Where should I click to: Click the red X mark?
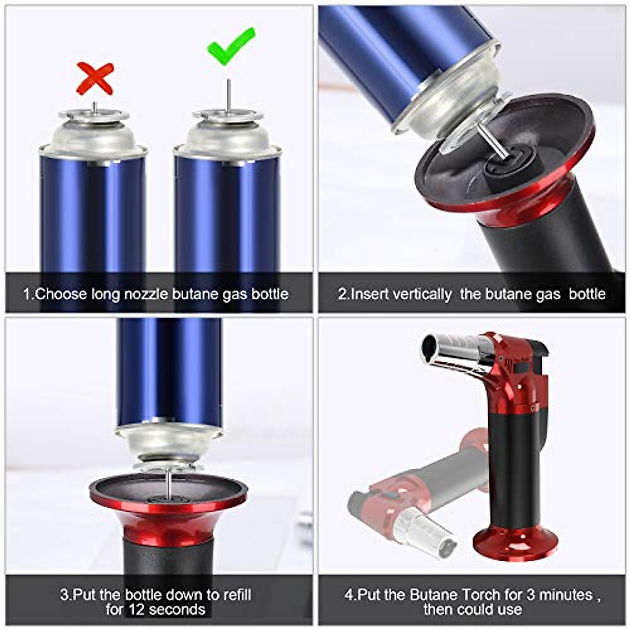pyautogui.click(x=95, y=78)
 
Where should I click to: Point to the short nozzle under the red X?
pyautogui.click(x=94, y=107)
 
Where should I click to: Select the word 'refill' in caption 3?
pyautogui.click(x=236, y=595)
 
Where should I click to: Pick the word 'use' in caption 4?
pyautogui.click(x=509, y=610)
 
